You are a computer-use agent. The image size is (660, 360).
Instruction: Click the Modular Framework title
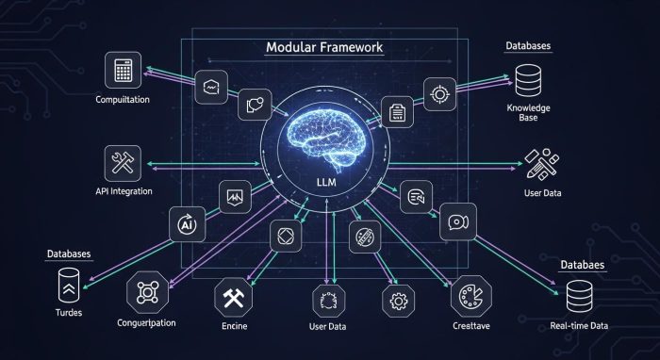tap(324, 47)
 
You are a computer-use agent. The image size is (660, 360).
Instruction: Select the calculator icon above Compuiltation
tap(123, 71)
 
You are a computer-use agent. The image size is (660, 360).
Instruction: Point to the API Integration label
tap(122, 192)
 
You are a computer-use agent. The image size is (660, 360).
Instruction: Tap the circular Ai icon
tap(185, 225)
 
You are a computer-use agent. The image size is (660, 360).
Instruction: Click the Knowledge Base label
tap(528, 114)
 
